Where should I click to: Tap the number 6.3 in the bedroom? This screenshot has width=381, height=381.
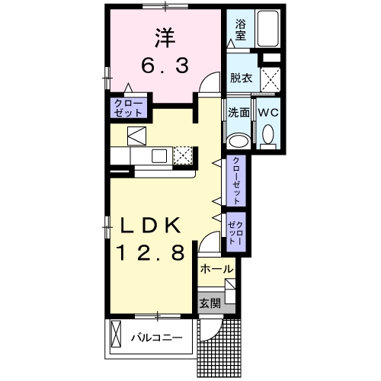pos(163,66)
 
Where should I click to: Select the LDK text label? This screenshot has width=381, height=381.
pos(150,226)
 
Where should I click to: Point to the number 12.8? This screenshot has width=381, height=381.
pos(150,254)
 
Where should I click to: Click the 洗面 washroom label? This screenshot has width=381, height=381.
pos(239,112)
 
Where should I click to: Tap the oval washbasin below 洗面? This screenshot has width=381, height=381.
pos(239,139)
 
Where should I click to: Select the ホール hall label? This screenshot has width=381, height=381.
pos(216,269)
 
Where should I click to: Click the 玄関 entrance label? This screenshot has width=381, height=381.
pos(210,303)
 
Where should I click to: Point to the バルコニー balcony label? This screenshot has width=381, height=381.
pos(155,336)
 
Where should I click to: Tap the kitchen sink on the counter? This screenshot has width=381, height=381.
pos(160,156)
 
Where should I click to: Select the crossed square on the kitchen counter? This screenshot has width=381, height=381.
pos(183,155)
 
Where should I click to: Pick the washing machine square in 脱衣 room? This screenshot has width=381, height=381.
pos(269,78)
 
